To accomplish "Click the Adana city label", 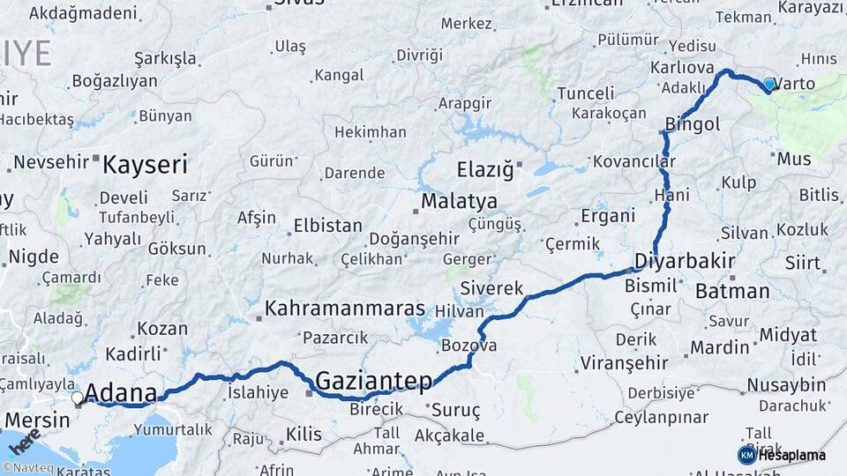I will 122,393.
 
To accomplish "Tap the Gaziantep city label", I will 373,381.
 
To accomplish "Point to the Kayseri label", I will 145,164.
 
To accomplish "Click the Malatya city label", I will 459,202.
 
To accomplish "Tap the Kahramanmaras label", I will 345,309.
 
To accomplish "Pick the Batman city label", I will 732,291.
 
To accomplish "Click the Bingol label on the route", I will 693,124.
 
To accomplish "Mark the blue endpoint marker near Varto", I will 769,85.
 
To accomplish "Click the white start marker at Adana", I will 78,398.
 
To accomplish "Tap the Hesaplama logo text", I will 791,456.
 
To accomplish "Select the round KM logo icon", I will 746,455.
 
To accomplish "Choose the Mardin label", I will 719,347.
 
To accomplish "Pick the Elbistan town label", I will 327,225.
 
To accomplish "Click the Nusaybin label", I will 786,384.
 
